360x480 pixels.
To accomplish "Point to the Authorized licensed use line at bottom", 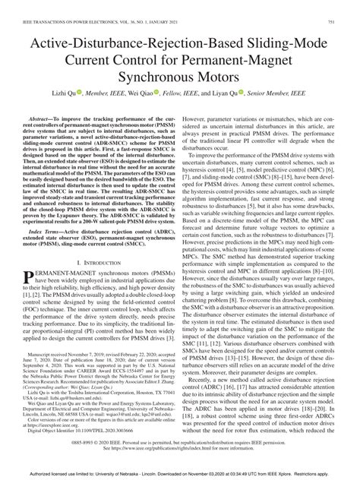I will tap(180, 471).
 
